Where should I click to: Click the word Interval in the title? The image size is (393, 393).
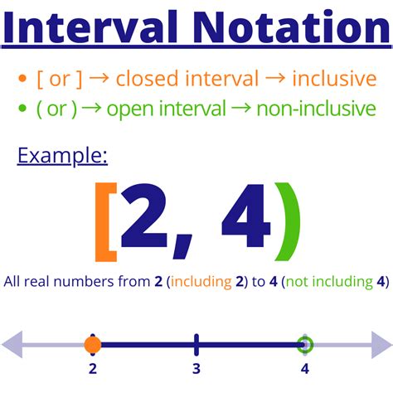pos(96,30)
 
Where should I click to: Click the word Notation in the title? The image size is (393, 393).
pos(287,30)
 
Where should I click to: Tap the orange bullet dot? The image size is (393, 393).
pos(22,80)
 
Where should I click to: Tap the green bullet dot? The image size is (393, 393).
pos(22,109)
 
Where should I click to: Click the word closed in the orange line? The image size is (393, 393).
pos(143,80)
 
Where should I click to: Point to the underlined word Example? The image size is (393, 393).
pos(63,155)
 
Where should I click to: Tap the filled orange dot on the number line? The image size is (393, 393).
pos(92,344)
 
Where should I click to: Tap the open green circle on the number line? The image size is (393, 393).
pos(306,344)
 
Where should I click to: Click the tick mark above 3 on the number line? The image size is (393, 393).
pos(196,343)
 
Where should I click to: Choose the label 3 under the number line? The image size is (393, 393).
pos(196,369)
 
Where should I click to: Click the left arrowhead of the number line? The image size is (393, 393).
pos(15,344)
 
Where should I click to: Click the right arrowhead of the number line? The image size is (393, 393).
pos(379,344)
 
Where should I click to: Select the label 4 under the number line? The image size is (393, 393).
pos(306,369)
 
